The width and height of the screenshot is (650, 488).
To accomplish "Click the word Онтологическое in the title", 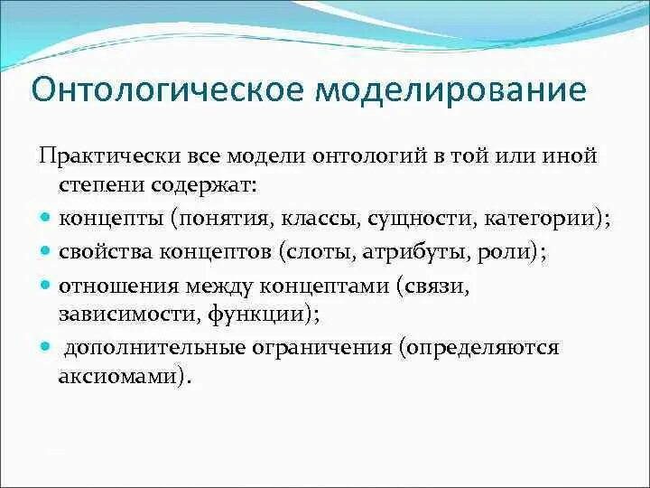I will point(166,91).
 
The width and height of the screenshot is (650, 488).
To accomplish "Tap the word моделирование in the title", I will point(450,91).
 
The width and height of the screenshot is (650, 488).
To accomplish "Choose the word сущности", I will point(426,220).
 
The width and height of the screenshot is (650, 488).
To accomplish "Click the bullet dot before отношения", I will point(46,286).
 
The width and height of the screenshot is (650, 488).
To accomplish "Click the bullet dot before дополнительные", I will point(46,346).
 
